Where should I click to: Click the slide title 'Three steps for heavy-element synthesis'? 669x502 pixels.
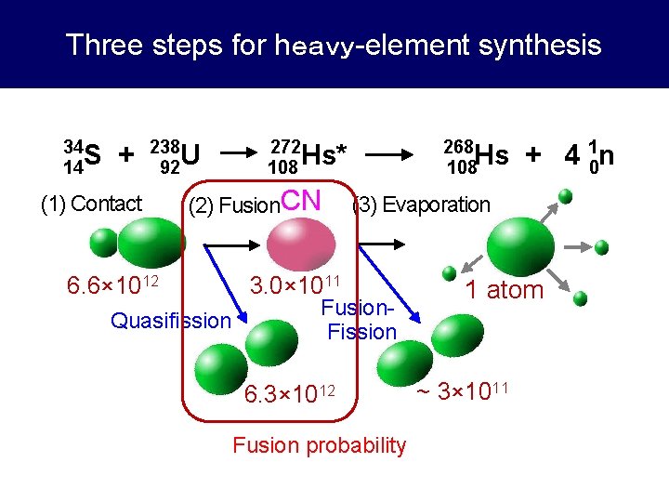[x=334, y=45]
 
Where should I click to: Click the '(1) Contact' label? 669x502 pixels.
[x=91, y=204]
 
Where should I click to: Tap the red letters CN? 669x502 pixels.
[x=300, y=200]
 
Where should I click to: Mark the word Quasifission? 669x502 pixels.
[x=170, y=321]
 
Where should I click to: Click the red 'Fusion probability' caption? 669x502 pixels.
[x=319, y=445]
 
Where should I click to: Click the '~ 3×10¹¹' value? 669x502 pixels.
[x=461, y=390]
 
